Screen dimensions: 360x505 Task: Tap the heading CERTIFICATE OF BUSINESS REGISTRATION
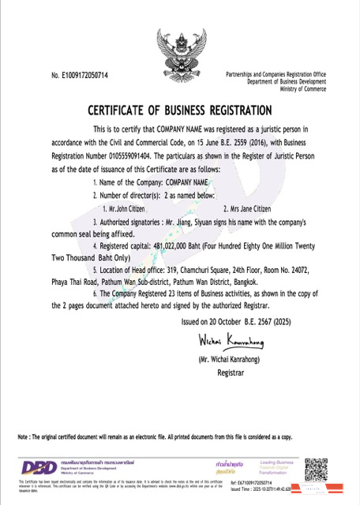[x=180, y=110]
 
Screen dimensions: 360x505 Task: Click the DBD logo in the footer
[x=36, y=468]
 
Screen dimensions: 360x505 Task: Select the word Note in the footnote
[x=24, y=437]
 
